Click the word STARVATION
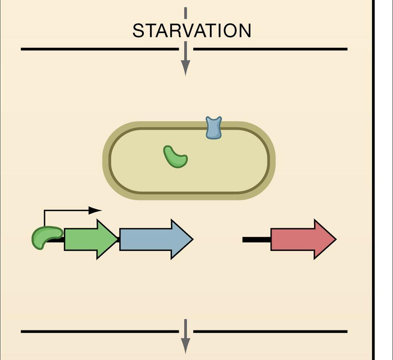click(191, 31)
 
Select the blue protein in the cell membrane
click(214, 128)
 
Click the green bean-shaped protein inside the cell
click(175, 157)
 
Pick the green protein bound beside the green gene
click(46, 237)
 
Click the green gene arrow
click(91, 239)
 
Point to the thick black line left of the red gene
click(256, 239)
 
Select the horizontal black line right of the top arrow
click(270, 49)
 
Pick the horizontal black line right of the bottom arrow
click(270, 332)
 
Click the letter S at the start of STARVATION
click(138, 31)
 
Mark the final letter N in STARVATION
click(245, 31)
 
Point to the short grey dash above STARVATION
click(185, 13)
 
